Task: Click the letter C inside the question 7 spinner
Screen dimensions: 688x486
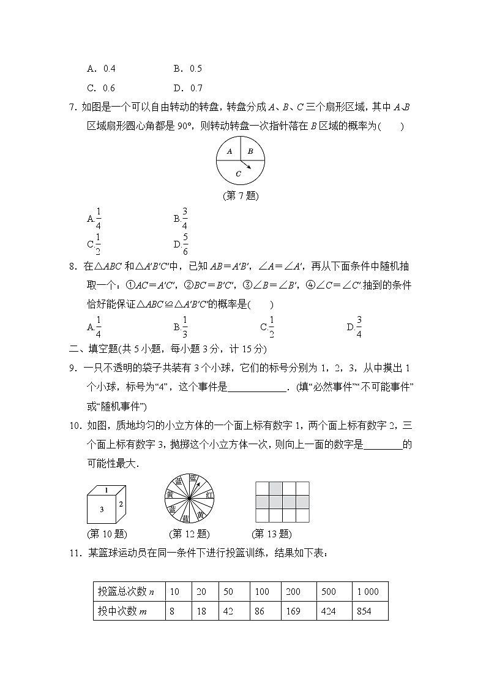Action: [238, 174]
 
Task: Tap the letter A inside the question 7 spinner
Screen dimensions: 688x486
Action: [229, 151]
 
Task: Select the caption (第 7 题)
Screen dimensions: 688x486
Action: [241, 197]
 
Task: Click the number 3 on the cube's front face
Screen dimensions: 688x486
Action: [102, 509]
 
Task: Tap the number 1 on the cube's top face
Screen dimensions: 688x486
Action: [107, 490]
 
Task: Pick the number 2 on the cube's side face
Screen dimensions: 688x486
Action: [121, 504]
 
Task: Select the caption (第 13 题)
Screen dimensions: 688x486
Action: [271, 534]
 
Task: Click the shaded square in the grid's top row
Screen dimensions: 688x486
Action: [275, 488]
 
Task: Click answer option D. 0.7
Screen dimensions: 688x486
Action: [187, 88]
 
